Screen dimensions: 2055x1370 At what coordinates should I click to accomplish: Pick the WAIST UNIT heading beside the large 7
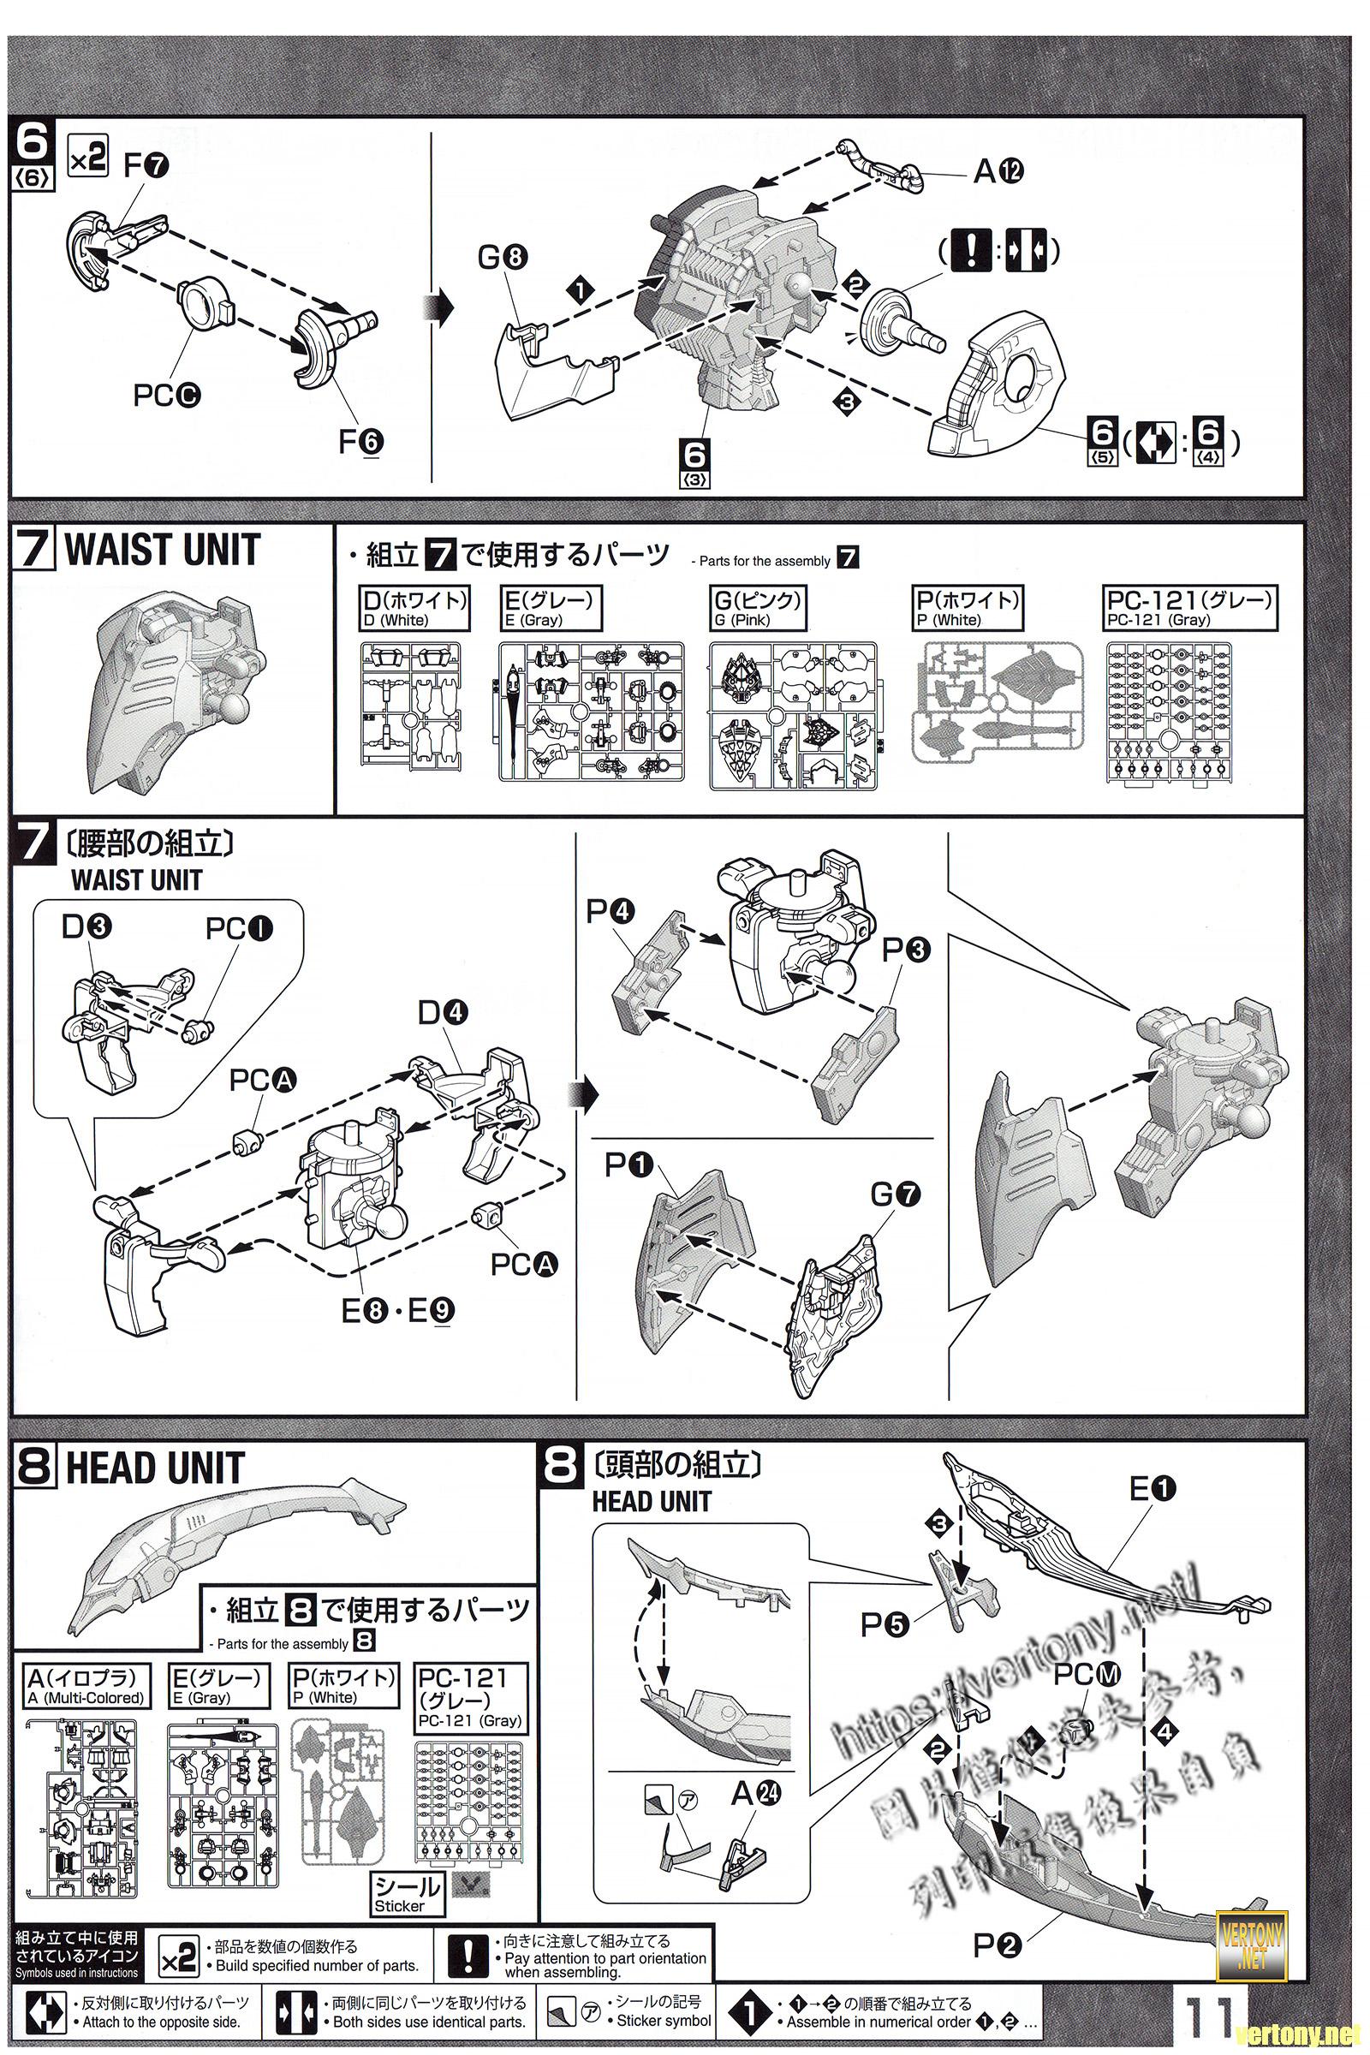(x=162, y=551)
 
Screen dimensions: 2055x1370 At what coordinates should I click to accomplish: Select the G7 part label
(x=896, y=1194)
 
